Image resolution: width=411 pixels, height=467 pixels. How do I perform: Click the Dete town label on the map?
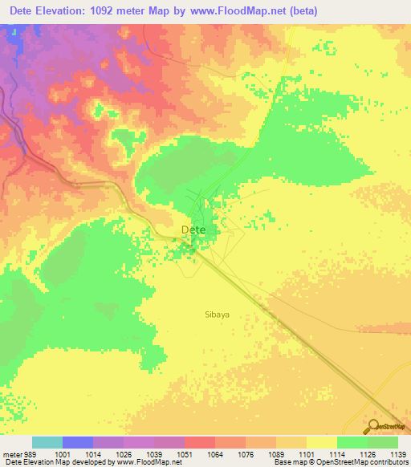(193, 229)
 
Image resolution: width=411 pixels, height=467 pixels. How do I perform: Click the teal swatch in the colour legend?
(47, 442)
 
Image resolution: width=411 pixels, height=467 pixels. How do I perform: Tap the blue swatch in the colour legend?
(77, 442)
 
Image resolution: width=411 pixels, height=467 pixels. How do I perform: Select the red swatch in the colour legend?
(199, 442)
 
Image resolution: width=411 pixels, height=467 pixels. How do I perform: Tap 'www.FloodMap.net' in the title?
(242, 11)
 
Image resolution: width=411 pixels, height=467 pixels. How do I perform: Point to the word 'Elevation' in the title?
(70, 11)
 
